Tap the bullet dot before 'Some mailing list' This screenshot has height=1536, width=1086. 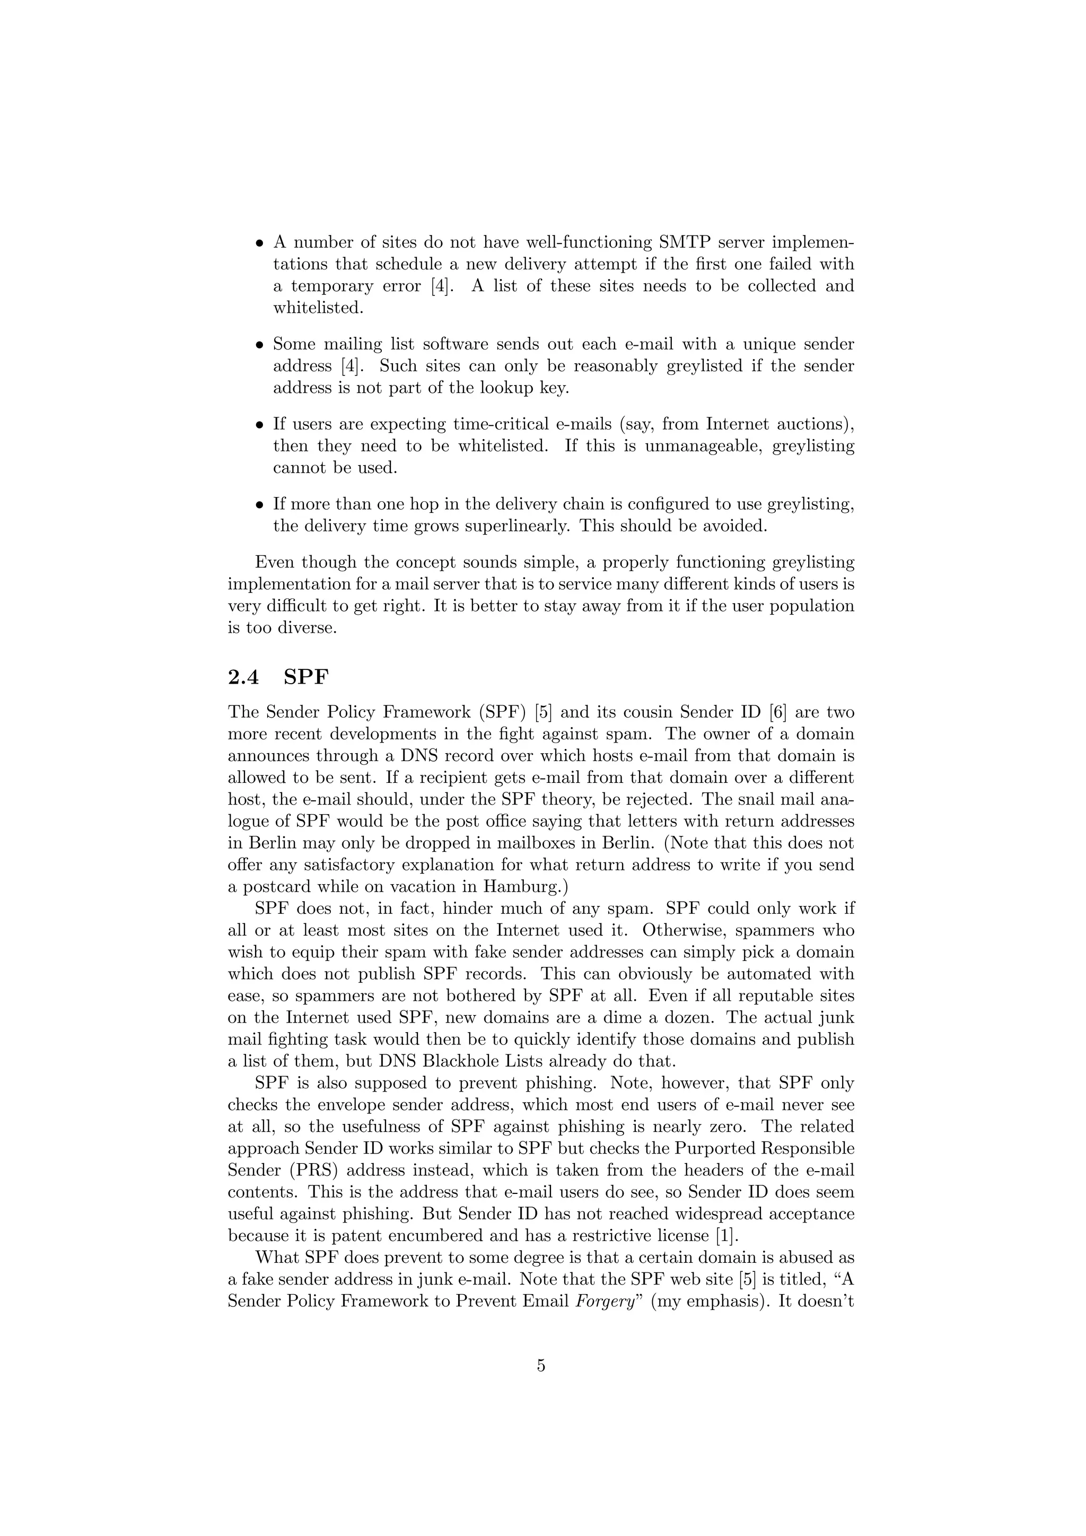[x=260, y=345]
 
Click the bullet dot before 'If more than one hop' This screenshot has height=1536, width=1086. [x=260, y=505]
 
